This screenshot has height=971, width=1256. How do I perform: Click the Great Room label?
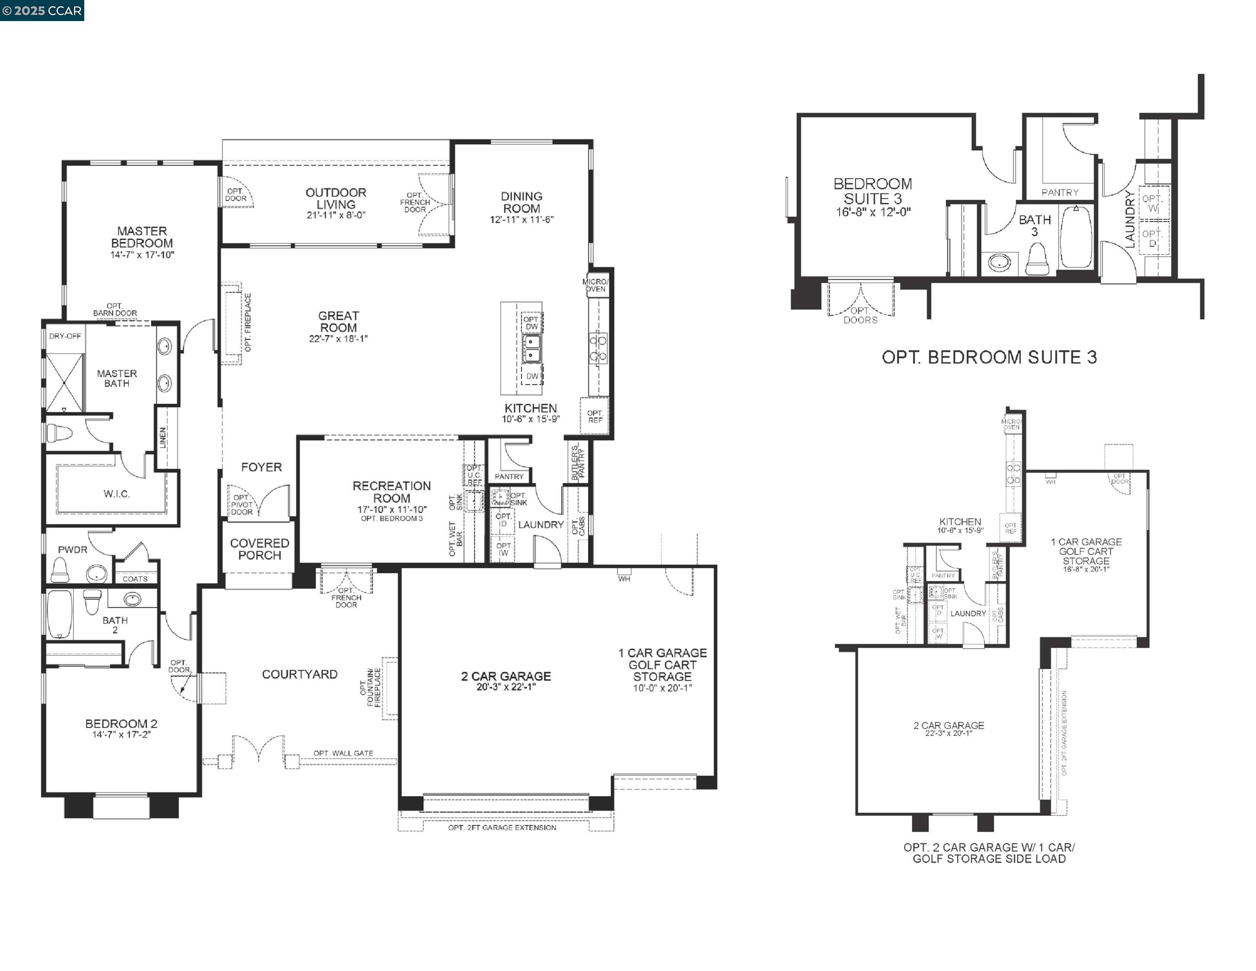point(338,322)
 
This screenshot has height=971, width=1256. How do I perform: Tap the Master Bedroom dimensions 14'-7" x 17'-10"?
point(142,255)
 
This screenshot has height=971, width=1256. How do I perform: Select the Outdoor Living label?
point(336,198)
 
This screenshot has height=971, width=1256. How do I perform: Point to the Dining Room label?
point(521,202)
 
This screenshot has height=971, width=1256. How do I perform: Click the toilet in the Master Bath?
point(58,432)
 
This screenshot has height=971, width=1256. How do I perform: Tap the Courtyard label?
point(300,674)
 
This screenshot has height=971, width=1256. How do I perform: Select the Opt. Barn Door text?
point(115,309)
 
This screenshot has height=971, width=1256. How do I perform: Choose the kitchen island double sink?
point(531,349)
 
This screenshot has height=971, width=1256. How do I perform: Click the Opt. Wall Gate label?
point(343,753)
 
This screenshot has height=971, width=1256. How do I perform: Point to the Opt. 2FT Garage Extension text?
point(502,828)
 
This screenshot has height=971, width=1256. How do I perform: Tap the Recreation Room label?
point(392,492)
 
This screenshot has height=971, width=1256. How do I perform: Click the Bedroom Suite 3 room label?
point(873,191)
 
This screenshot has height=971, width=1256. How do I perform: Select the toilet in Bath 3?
point(1037,260)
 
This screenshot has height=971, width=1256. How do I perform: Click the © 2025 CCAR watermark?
point(42,11)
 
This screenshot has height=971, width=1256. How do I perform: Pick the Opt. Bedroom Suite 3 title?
point(989,357)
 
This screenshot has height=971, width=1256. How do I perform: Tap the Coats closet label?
point(135,579)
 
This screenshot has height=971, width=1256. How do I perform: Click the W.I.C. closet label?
point(117,494)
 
